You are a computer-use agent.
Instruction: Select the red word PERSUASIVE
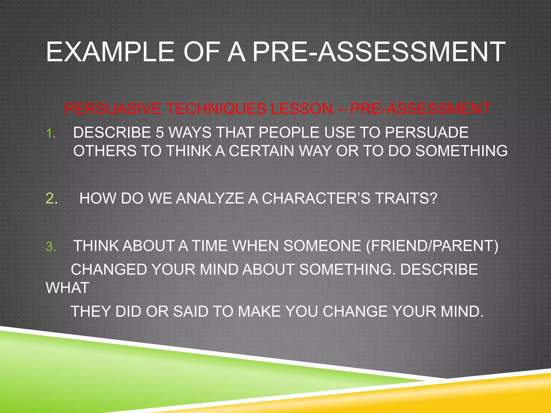click(x=113, y=109)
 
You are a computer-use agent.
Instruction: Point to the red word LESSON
click(x=301, y=109)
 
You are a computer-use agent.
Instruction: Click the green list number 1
click(x=50, y=133)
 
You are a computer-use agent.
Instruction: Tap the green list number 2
click(x=51, y=198)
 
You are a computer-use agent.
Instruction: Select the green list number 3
click(x=50, y=247)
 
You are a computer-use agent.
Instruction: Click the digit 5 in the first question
click(x=160, y=133)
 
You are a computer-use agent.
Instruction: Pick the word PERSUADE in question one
click(x=426, y=133)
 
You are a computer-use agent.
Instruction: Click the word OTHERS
click(x=105, y=151)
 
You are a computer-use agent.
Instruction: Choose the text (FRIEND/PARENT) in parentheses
click(x=432, y=246)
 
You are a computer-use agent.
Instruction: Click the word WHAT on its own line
click(x=68, y=288)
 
